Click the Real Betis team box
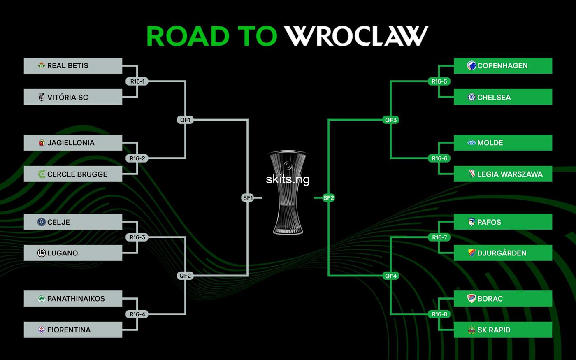click(x=73, y=65)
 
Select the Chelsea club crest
click(x=471, y=97)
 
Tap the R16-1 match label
click(x=137, y=81)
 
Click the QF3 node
click(x=390, y=120)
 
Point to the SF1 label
click(x=248, y=198)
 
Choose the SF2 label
click(x=329, y=198)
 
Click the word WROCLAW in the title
click(x=356, y=36)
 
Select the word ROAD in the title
click(x=188, y=36)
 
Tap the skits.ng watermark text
click(x=288, y=179)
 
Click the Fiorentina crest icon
click(x=42, y=330)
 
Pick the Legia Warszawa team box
click(x=503, y=174)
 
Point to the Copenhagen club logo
click(x=471, y=65)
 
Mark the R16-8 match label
click(x=439, y=314)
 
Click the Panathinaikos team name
click(x=76, y=299)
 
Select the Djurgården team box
click(x=503, y=253)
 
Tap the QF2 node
click(x=185, y=276)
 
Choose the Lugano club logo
click(x=42, y=253)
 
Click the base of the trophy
click(x=288, y=230)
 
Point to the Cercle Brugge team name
click(x=77, y=174)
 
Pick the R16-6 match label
click(x=439, y=158)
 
